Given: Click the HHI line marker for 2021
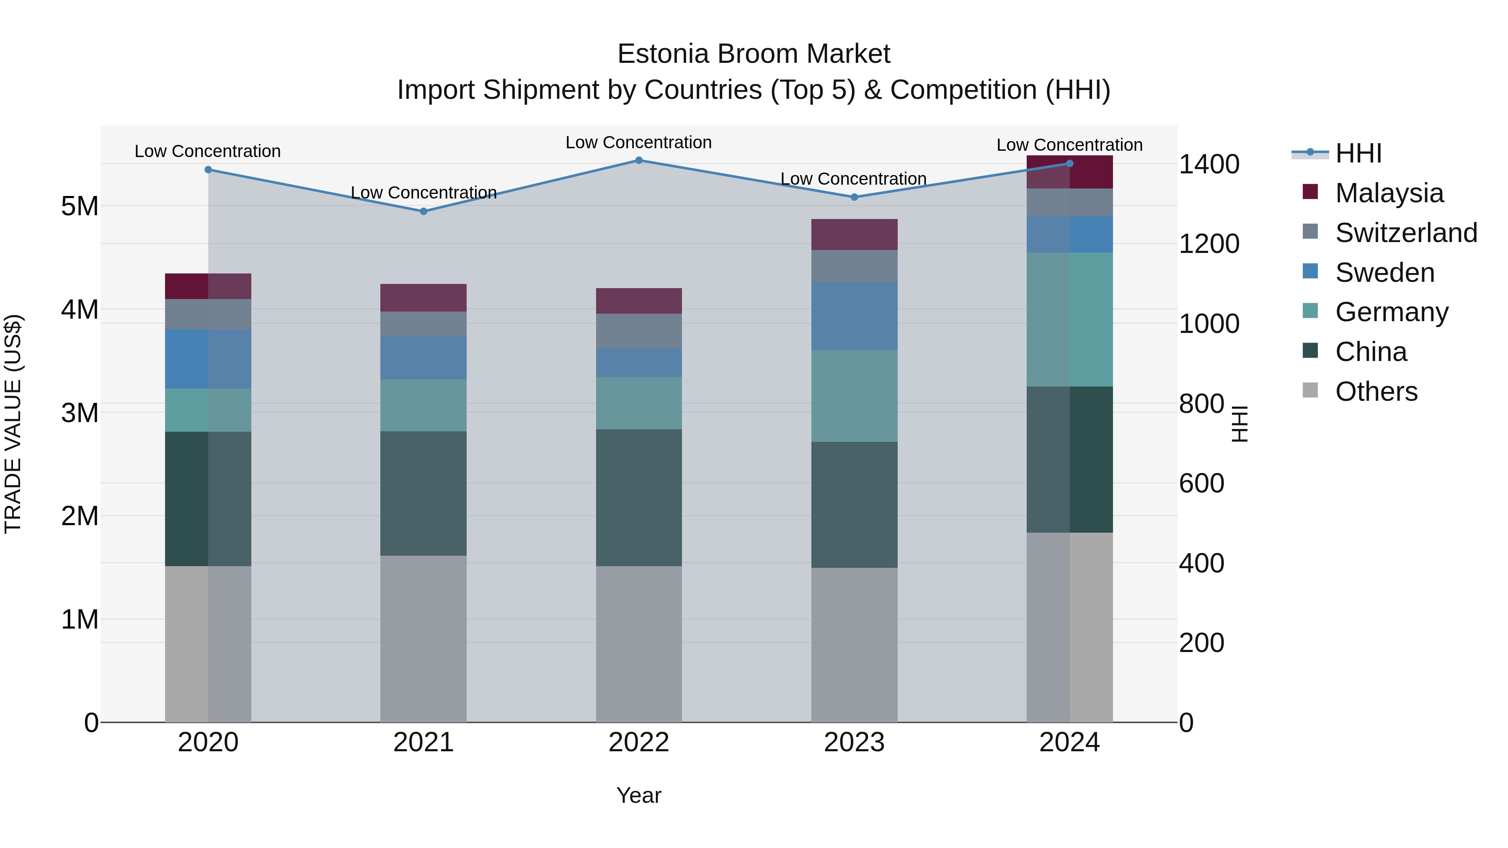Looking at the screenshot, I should point(423,211).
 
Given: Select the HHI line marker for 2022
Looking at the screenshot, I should point(639,160).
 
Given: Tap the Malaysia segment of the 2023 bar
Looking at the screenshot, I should point(854,235).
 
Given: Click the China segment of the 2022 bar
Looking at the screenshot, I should point(639,497).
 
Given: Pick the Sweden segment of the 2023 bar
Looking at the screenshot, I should point(854,316).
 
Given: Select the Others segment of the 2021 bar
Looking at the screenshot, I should point(423,639).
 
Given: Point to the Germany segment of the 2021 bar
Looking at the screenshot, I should point(423,405).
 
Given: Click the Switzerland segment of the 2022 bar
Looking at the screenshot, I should point(639,331).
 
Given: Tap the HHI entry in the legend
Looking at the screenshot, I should point(1358,153).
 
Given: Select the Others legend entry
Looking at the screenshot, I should point(1376,392).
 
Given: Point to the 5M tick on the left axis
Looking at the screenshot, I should point(80,206).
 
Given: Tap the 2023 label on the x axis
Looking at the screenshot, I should point(854,742).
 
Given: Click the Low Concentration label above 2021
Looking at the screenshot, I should point(423,193).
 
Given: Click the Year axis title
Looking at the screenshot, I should point(639,795).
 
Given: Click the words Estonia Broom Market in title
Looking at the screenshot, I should point(754,54).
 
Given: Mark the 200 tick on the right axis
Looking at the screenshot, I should point(1201,642).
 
